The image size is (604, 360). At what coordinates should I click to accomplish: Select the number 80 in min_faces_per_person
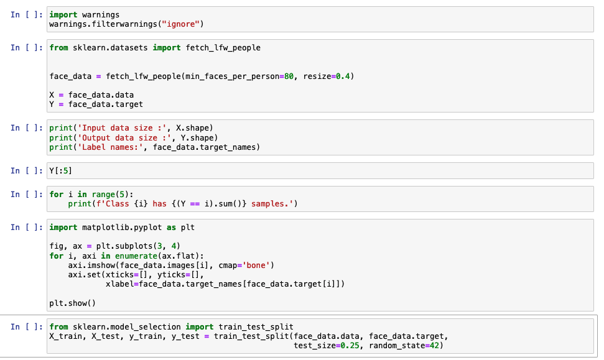tap(289, 76)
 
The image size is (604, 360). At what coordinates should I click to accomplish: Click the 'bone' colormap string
tap(256, 265)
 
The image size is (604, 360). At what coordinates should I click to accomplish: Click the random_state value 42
tap(434, 346)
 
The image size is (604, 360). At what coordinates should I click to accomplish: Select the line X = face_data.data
tap(91, 95)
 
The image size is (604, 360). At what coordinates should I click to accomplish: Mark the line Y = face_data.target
tap(96, 104)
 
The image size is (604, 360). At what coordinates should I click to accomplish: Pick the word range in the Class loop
tap(104, 195)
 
